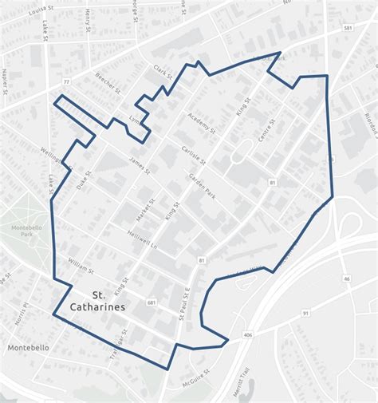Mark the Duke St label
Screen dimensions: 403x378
[84, 179]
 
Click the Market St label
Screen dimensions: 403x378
[144, 211]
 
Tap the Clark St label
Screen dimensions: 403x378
[163, 71]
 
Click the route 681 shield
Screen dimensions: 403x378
[152, 302]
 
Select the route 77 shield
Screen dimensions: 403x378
[66, 82]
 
